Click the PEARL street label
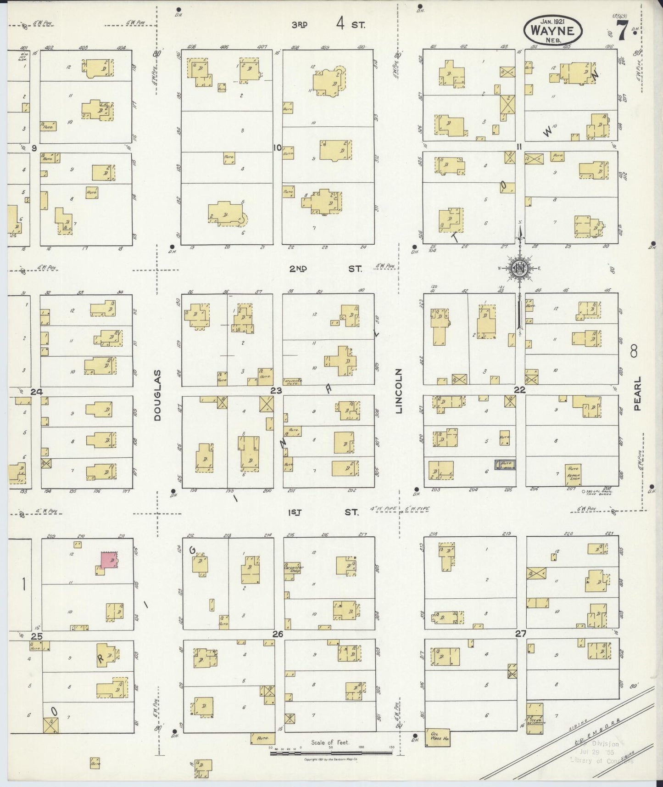coord(638,394)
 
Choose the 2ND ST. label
coord(325,269)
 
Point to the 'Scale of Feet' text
coord(329,742)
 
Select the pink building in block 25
coord(109,561)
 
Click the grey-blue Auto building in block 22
coord(505,465)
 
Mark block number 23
coord(276,391)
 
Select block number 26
coord(278,634)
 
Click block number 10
coord(277,148)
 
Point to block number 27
coord(520,633)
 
